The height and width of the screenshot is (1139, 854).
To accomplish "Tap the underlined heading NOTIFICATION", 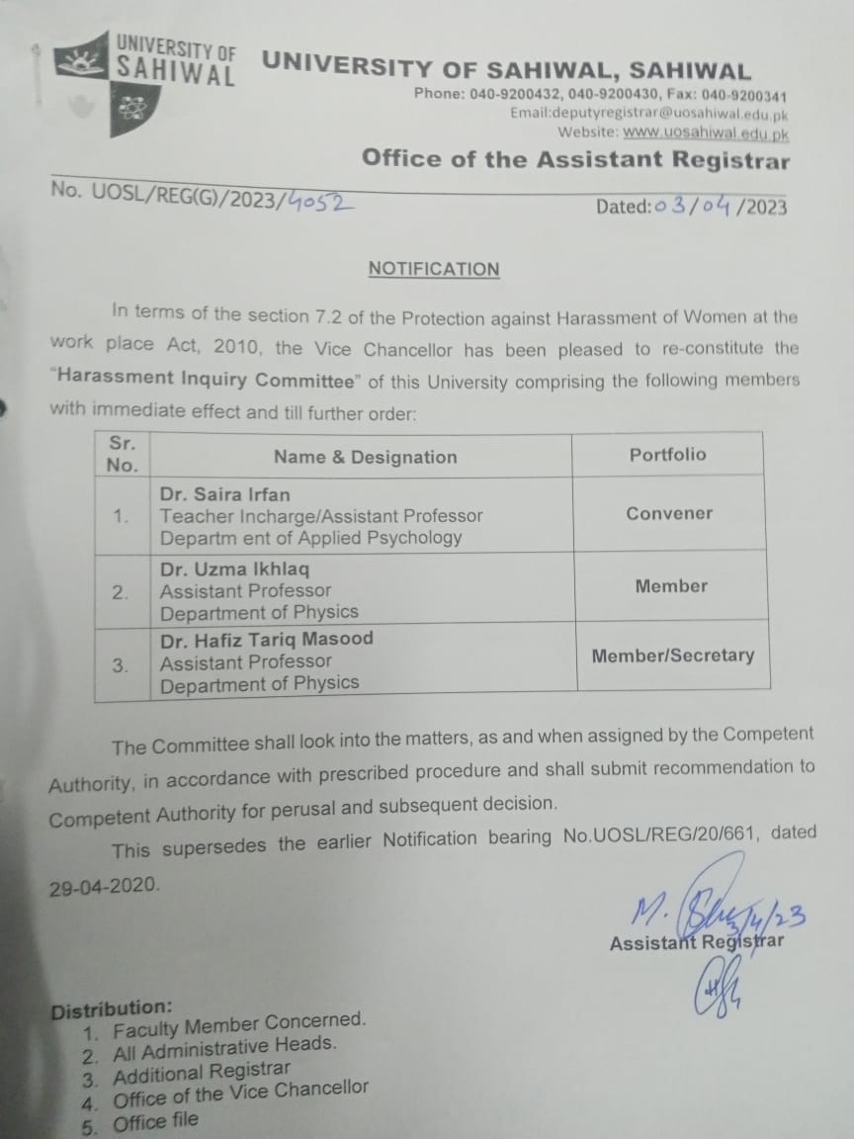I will (434, 269).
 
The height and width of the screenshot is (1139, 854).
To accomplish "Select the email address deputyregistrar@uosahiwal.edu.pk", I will (648, 114).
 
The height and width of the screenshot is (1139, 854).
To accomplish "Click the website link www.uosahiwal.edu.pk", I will (706, 131).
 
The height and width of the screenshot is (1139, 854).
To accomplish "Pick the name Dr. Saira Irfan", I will (225, 494).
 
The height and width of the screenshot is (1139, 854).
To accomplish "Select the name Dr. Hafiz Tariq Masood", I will (267, 639).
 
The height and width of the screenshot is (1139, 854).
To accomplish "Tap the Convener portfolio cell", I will (669, 513).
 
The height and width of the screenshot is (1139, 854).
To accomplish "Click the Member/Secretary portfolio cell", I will (672, 656).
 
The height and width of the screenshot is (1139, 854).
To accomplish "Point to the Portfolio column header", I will (668, 454).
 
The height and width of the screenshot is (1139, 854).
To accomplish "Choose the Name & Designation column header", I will (366, 457).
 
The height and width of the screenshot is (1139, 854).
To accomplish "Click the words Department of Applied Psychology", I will (311, 538).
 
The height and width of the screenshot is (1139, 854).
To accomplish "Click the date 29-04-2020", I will (103, 886).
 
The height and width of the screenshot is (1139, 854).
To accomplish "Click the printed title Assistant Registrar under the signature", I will (696, 941).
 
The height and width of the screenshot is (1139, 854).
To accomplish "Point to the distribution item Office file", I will (155, 1121).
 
